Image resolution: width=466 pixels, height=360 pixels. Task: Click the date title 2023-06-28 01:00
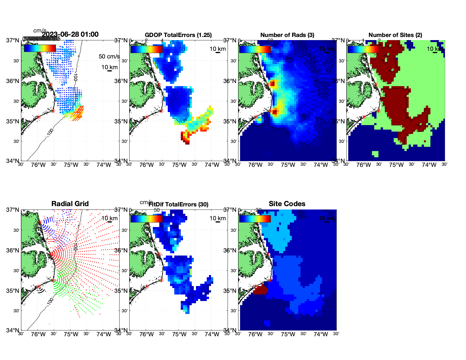[x=70, y=34]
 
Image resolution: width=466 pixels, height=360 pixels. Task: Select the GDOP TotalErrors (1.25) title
[x=178, y=35]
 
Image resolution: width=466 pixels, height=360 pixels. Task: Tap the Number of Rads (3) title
[x=287, y=35]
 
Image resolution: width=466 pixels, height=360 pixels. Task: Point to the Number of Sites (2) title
[x=395, y=35]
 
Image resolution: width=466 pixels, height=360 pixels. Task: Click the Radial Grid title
[x=70, y=204]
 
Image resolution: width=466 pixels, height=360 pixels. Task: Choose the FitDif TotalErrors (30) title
[x=178, y=204]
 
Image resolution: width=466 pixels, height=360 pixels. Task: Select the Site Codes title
[x=287, y=204]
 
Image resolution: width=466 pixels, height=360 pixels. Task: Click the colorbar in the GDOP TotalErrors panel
[x=147, y=49]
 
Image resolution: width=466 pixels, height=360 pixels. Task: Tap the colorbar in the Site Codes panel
[x=255, y=219]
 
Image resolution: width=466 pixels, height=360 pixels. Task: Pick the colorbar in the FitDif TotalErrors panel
[x=147, y=219]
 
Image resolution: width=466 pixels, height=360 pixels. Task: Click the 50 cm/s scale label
[x=109, y=56]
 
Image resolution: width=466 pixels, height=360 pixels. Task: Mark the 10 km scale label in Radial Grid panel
[x=109, y=218]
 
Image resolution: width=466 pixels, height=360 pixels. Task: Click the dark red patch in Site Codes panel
[x=260, y=290]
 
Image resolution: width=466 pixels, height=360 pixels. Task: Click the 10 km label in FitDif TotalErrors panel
[x=217, y=218]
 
